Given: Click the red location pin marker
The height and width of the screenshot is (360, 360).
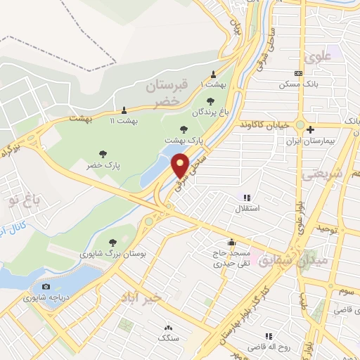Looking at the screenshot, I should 181,165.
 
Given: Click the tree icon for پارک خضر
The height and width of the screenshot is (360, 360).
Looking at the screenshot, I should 103,154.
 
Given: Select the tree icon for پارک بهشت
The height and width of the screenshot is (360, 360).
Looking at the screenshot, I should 184,129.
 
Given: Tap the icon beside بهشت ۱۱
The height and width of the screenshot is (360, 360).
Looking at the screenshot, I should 124,110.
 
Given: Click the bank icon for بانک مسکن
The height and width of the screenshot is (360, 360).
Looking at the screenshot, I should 299,73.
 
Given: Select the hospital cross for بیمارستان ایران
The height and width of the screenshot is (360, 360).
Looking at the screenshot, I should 311,128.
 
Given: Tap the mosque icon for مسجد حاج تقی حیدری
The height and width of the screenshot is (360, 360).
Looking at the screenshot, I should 232,243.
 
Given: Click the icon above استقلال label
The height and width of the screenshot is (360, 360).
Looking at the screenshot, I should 246,198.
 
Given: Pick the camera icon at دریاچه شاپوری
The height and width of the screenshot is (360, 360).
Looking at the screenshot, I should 46,287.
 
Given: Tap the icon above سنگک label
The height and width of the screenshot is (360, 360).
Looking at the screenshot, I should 167,327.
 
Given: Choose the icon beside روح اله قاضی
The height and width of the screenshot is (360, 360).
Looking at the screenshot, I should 267,336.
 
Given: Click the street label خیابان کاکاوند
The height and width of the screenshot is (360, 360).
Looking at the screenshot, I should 271,125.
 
